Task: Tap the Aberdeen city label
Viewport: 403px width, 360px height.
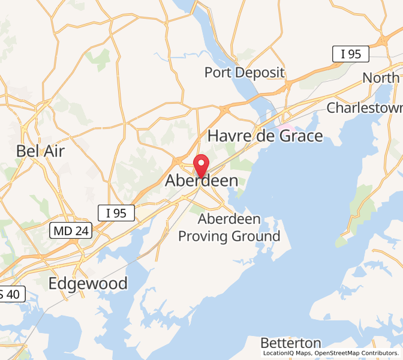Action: (201, 181)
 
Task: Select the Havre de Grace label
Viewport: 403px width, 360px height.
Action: (265, 136)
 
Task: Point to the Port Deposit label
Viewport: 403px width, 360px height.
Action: (244, 73)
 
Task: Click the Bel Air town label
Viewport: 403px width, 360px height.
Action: (41, 151)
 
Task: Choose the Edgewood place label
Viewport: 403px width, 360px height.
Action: (88, 283)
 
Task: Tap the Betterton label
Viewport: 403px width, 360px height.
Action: (291, 343)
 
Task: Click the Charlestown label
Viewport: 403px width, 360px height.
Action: (364, 108)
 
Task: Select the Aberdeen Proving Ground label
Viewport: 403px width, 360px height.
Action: (230, 227)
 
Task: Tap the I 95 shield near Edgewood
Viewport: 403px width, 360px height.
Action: (116, 212)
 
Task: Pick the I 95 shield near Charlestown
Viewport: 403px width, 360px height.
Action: (350, 54)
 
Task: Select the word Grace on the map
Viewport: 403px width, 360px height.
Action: (299, 136)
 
